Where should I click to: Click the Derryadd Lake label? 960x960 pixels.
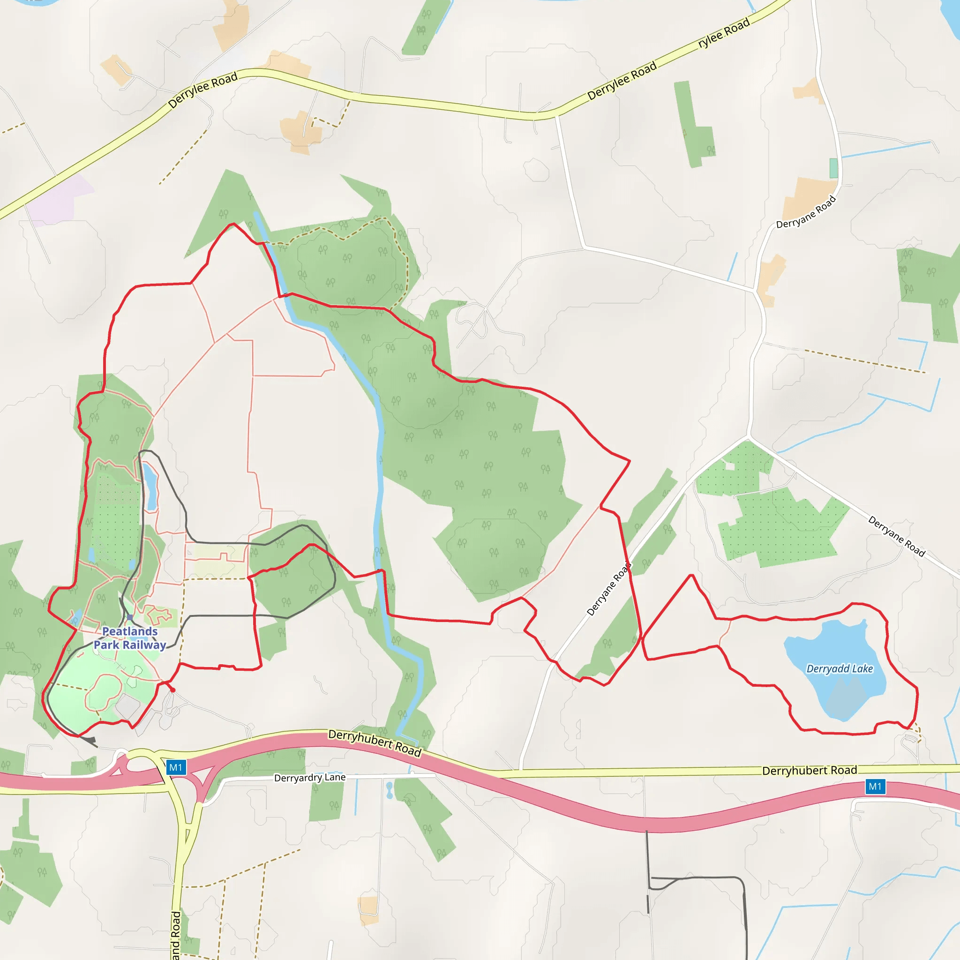click(839, 669)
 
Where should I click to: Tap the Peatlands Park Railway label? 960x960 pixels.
click(130, 638)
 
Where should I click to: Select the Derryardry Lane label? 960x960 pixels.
click(309, 777)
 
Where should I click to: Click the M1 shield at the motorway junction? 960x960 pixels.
click(175, 767)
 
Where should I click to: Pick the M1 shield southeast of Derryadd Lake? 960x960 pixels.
click(875, 787)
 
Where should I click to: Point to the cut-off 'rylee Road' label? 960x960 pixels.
click(723, 33)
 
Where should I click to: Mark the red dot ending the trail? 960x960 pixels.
click(172, 690)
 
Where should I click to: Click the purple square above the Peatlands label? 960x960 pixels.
click(130, 618)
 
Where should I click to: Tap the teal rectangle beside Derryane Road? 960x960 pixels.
click(833, 168)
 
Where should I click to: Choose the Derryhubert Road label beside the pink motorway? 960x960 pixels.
click(375, 743)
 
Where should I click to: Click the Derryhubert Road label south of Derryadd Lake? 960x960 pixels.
click(810, 771)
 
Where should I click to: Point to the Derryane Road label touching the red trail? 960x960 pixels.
click(609, 589)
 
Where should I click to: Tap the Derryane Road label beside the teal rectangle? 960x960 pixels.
click(806, 213)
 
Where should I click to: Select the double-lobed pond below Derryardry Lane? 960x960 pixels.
click(389, 789)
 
